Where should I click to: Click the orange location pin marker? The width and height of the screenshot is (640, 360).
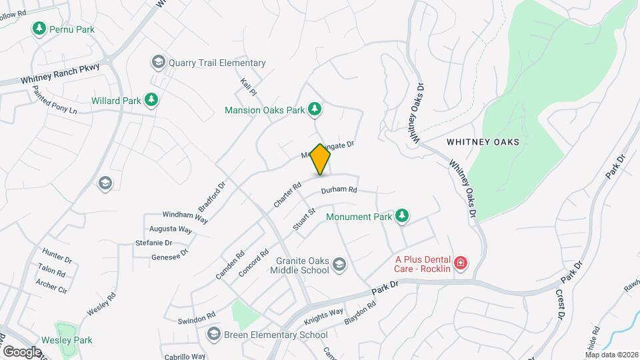pos(321,159)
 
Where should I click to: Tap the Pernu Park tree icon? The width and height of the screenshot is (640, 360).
pos(39,29)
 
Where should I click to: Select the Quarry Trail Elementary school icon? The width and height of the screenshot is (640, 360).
pos(158,63)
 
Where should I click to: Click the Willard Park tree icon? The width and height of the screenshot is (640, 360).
pos(152,101)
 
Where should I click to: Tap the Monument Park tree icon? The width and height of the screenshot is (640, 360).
pos(401,216)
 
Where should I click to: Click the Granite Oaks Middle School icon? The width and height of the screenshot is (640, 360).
pos(339,265)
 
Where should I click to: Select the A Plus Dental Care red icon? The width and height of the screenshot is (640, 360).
pos(460,264)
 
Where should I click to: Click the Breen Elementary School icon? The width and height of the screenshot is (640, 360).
pos(214,334)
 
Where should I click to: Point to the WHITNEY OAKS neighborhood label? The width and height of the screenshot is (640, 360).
pos(483,142)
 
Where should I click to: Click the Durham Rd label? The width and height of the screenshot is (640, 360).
pos(339,190)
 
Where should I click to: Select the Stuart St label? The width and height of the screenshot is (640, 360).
pos(303,219)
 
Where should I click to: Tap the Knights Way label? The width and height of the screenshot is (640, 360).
pos(323,311)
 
